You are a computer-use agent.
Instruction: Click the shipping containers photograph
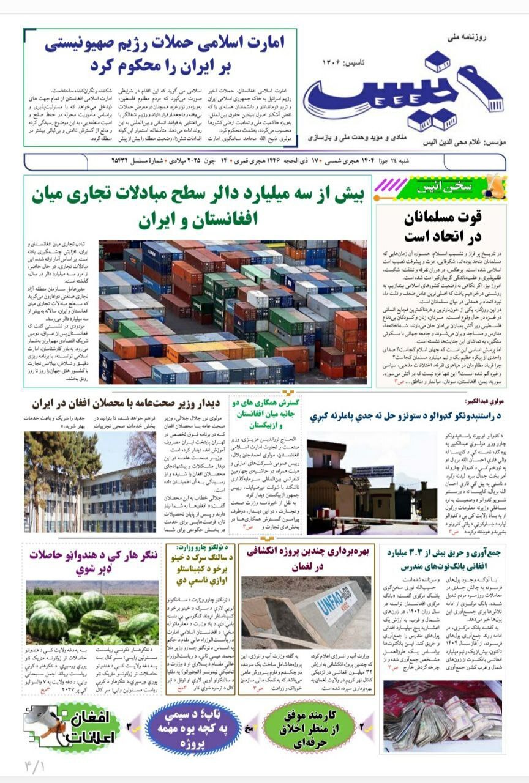[x=233, y=312]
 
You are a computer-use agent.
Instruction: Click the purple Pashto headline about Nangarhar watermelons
[x=92, y=563]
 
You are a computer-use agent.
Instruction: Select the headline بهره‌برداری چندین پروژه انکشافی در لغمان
[x=307, y=558]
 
